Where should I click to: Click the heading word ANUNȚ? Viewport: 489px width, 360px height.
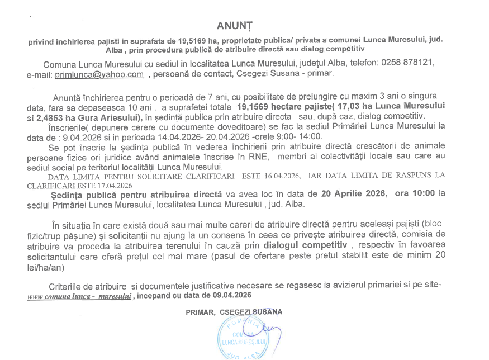pos(235,26)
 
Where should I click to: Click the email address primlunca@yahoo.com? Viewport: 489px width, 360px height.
pos(99,74)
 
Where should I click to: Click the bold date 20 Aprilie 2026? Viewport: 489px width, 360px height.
pos(354,195)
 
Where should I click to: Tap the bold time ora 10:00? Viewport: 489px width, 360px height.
pos(415,195)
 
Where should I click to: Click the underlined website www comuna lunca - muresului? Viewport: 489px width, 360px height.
pos(79,296)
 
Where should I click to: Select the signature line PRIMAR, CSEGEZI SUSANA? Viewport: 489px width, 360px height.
pos(234,312)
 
